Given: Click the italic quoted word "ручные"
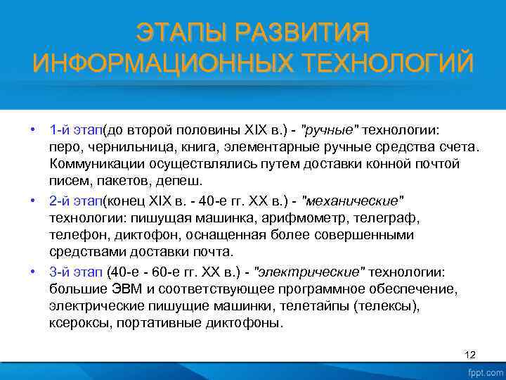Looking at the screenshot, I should click(330, 131).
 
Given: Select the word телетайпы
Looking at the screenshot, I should click(318, 305).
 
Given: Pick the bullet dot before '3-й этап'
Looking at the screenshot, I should click(33, 272).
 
